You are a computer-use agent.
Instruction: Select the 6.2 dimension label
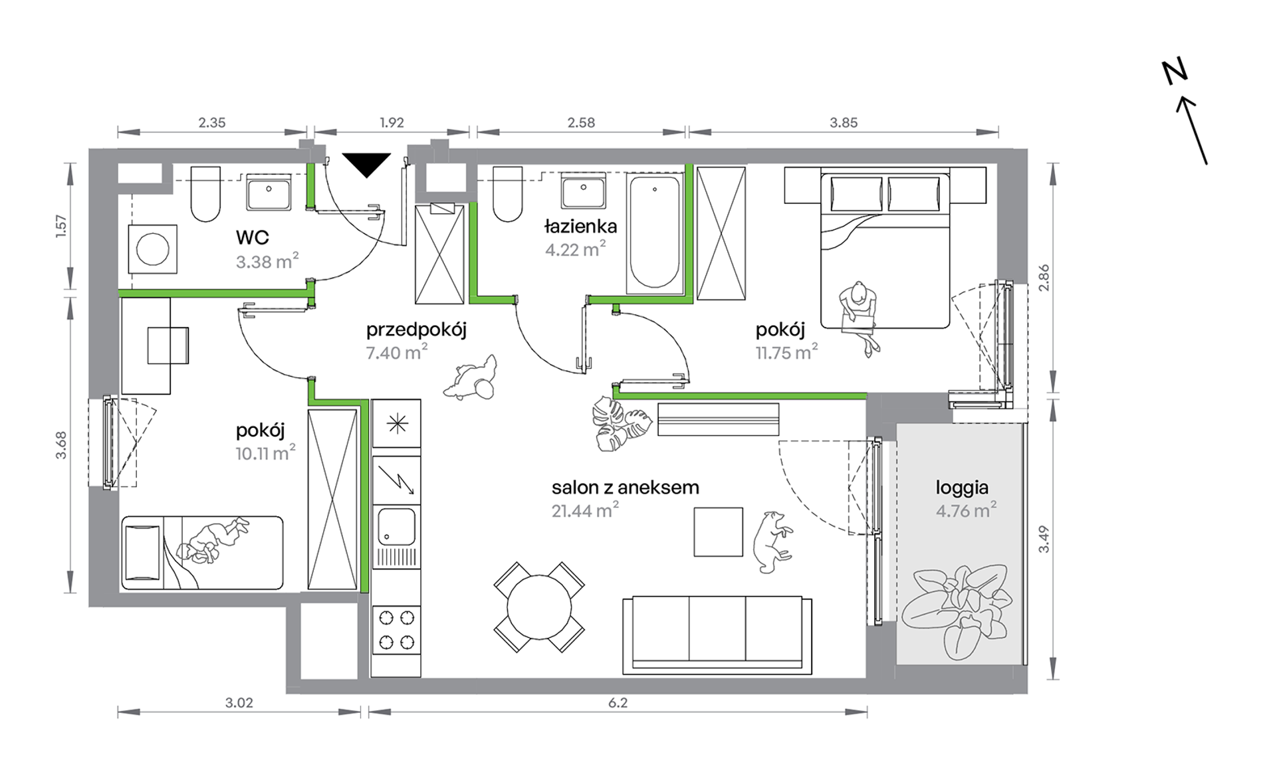618,702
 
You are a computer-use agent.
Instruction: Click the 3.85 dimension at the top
844,122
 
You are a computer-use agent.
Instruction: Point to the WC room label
252,237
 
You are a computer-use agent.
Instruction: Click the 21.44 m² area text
585,510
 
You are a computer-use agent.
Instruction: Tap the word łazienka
580,227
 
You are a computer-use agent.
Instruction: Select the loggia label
962,488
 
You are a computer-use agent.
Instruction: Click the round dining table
539,607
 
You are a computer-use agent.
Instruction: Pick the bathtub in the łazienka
655,232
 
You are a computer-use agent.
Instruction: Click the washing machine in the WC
153,249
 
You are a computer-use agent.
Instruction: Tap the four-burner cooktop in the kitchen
396,630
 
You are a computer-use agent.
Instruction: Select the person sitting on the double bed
859,316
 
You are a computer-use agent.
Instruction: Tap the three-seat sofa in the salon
717,634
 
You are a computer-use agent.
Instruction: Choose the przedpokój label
416,330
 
